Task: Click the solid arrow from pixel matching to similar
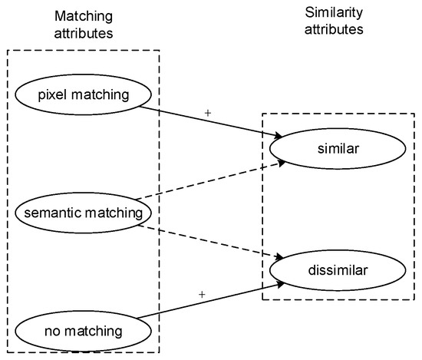point(207,122)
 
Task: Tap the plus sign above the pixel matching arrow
point(207,112)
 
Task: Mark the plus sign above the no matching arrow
point(203,294)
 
